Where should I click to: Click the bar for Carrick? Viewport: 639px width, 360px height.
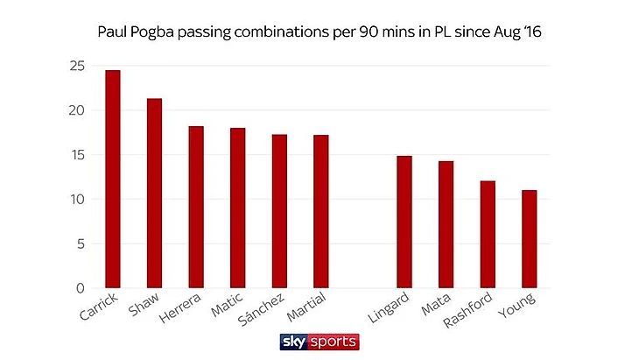tap(112, 179)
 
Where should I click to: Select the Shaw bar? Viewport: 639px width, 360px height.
tap(154, 194)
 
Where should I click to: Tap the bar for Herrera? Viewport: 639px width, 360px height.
tap(196, 208)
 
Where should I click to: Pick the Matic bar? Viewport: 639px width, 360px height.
tap(237, 208)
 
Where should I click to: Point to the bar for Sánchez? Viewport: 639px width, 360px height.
tap(279, 211)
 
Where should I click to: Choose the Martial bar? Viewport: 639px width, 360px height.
tap(321, 211)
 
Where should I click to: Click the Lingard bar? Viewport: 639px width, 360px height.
tap(404, 222)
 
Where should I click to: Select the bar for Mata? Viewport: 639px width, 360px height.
tap(446, 224)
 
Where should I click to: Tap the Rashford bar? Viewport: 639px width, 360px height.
tap(488, 234)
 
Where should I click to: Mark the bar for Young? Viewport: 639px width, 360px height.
tap(529, 239)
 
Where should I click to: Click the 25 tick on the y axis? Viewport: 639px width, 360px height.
tap(79, 66)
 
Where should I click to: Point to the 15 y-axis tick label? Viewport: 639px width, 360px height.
tap(79, 155)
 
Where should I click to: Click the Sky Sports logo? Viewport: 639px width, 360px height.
tap(319, 341)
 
